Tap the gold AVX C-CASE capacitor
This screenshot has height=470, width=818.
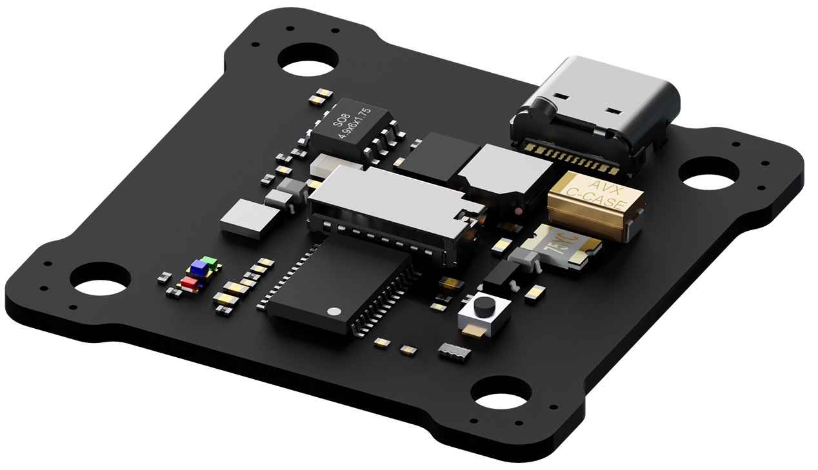pyautogui.click(x=596, y=205)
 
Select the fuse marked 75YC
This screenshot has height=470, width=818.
pyautogui.click(x=561, y=246)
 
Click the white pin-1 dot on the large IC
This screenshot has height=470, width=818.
pyautogui.click(x=334, y=311)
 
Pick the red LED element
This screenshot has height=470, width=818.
pyautogui.click(x=189, y=282)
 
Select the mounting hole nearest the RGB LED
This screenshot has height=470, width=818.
pyautogui.click(x=100, y=279)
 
